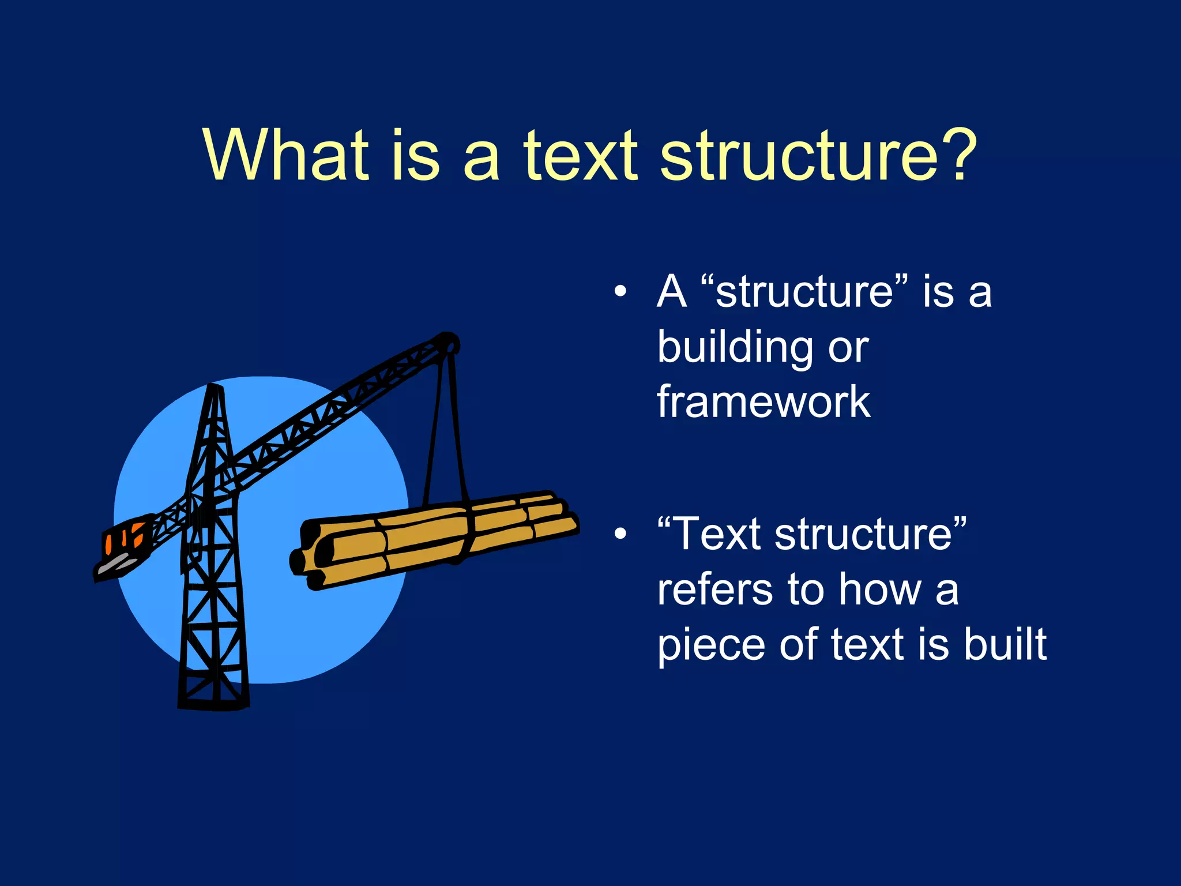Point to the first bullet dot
point(620,291)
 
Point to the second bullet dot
point(620,534)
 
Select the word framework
point(763,401)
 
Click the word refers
point(715,590)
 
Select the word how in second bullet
point(880,590)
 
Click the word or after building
point(848,348)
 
